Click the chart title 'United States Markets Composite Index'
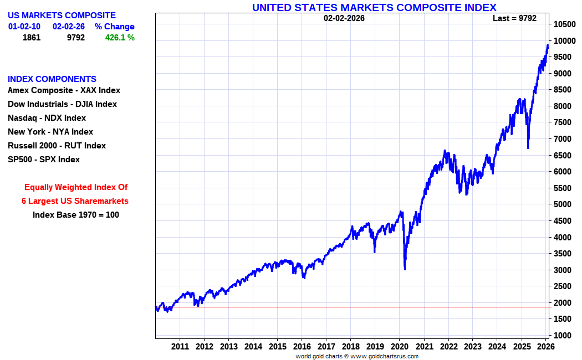tap(374, 7)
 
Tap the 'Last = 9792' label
tap(514, 18)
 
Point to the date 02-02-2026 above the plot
tap(344, 18)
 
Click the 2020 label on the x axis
tap(399, 347)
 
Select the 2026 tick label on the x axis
tap(545, 347)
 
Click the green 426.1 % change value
tap(120, 38)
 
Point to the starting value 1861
tap(32, 38)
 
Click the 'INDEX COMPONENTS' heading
tap(52, 79)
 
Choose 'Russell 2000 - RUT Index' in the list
tap(57, 146)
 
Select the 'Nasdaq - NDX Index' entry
tap(47, 118)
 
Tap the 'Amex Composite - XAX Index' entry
tap(64, 90)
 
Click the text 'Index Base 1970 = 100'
tap(76, 215)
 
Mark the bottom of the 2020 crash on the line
tap(405, 269)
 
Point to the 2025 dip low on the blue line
tap(528, 147)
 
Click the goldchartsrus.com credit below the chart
tap(357, 356)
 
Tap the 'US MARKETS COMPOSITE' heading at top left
tap(62, 16)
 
